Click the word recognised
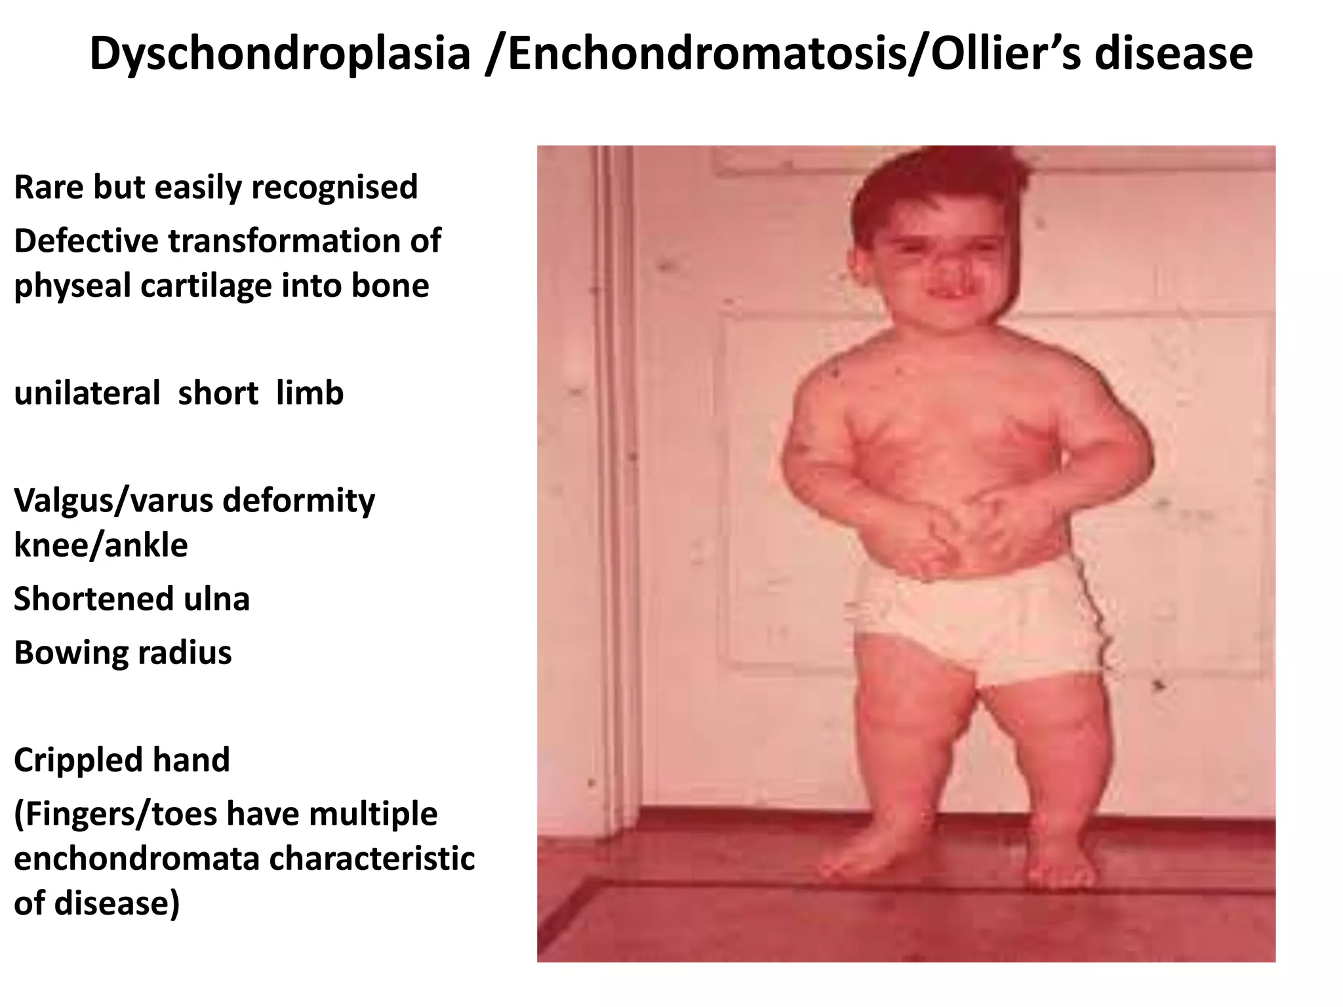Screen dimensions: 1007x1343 coord(334,188)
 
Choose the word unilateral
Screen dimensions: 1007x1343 coord(87,393)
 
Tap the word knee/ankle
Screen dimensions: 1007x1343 coord(100,545)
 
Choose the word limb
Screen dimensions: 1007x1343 coord(310,393)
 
